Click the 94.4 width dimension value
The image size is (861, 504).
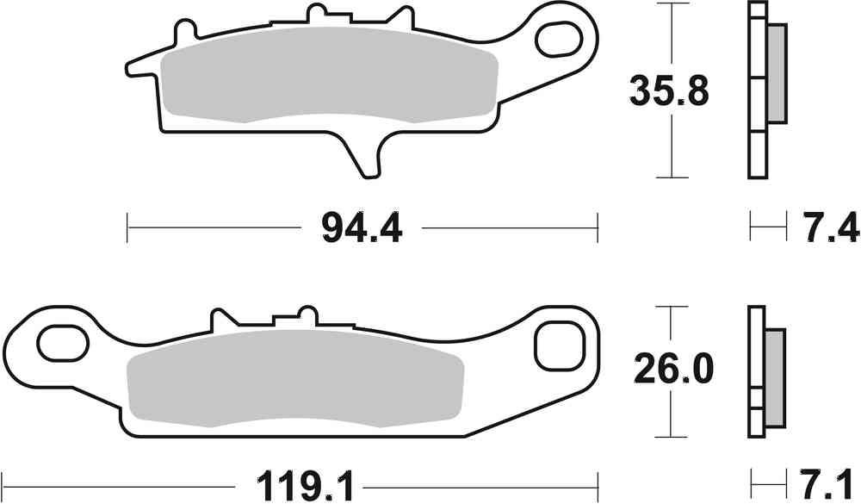362,229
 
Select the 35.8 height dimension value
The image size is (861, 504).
670,90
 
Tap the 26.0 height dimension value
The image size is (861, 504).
673,370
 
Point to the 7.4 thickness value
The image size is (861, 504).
832,229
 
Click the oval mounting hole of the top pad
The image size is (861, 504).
558,38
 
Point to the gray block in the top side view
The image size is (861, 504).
775,74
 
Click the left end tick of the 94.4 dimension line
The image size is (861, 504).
127,229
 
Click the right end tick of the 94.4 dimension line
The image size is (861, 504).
598,229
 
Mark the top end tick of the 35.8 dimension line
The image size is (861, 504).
670,4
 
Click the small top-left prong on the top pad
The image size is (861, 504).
182,33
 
